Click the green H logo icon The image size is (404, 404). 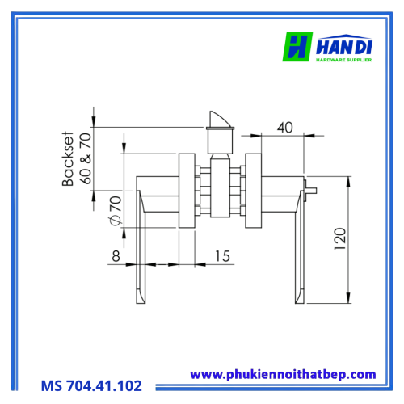tap(297, 47)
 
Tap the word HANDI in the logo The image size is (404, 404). tap(344, 48)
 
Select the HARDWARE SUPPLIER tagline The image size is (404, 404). tap(343, 60)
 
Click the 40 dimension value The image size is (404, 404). tap(285, 128)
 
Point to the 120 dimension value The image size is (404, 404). tap(340, 239)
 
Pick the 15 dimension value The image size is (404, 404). tap(222, 256)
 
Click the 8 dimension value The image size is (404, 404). tap(116, 256)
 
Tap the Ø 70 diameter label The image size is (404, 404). tap(116, 211)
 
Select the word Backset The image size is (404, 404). tap(68, 159)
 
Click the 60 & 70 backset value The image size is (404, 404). tap(86, 158)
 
